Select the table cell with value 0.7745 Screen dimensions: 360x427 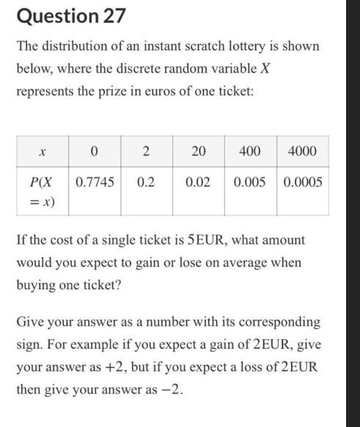coord(95,182)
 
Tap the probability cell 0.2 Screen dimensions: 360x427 coord(146,182)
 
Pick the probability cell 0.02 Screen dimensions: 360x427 coord(198,182)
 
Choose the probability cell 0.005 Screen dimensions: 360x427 coord(249,182)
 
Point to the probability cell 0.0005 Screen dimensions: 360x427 coord(303,182)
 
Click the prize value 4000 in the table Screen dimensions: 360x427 coord(303,152)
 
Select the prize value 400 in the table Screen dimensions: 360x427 coord(249,152)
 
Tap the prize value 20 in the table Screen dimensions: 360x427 coord(198,152)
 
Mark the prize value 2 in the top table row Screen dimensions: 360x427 coord(146,152)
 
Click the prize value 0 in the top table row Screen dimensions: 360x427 coord(95,152)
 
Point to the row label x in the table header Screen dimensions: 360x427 coord(43,152)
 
